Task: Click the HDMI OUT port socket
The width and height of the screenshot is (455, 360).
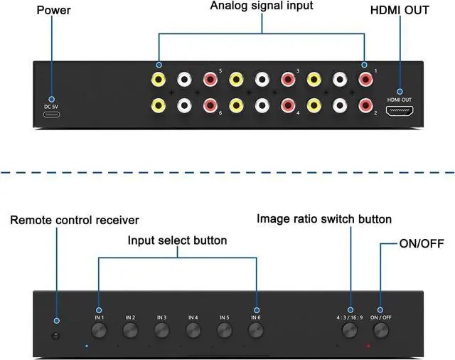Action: [400, 112]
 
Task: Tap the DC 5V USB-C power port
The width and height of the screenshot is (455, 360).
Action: [52, 115]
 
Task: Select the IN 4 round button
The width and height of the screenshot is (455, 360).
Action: [193, 330]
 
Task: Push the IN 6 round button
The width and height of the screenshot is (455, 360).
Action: [256, 330]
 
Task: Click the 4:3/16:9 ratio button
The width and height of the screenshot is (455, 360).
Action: [350, 330]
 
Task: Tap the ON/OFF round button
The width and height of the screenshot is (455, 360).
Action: [381, 330]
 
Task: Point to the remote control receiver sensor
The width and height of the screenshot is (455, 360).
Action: [55, 336]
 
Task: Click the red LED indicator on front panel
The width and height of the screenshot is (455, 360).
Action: [368, 346]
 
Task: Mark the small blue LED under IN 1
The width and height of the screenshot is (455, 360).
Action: [87, 346]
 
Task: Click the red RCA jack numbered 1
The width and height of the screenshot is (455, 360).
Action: [365, 79]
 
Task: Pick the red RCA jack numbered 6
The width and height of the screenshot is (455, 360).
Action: [210, 105]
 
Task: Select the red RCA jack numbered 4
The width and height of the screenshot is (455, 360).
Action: [288, 105]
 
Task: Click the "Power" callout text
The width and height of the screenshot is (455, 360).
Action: [54, 10]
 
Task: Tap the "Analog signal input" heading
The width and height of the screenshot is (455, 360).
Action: [262, 6]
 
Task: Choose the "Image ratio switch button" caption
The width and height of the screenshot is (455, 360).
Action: [324, 219]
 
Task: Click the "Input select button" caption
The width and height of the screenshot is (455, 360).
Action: [177, 240]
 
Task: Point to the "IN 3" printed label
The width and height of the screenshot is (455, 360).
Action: [161, 317]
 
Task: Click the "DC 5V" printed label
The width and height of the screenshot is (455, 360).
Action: [51, 107]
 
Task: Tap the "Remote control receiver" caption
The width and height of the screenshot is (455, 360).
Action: [75, 220]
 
